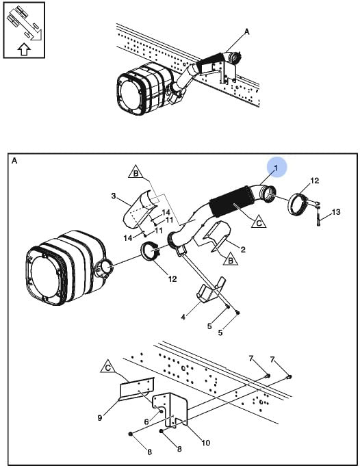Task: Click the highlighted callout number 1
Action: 276,168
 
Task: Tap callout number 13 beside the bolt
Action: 336,212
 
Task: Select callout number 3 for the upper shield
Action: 114,196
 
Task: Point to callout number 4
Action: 183,317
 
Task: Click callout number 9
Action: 100,418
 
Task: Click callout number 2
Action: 243,249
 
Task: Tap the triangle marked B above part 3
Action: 136,172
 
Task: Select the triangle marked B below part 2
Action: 231,260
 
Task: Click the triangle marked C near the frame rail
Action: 108,367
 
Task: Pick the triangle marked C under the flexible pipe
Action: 259,222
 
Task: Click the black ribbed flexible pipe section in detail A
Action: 229,203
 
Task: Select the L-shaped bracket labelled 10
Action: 170,409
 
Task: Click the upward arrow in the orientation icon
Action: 24,49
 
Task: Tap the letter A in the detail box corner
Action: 14,161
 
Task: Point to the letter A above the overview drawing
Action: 247,31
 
